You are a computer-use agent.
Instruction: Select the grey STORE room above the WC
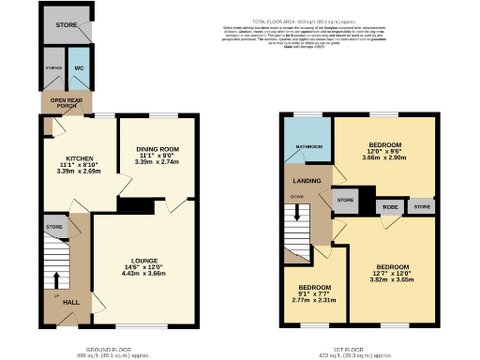tap(65, 24)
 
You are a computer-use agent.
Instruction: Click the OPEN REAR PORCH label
tap(66, 101)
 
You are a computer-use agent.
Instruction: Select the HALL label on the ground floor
tap(71, 303)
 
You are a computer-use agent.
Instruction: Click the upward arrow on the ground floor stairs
tap(57, 278)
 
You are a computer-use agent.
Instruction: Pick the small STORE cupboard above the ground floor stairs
tap(54, 227)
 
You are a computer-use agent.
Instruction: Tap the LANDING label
tap(308, 181)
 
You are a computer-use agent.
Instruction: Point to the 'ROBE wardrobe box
tap(389, 205)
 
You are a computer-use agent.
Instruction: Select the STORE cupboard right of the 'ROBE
tap(421, 205)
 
